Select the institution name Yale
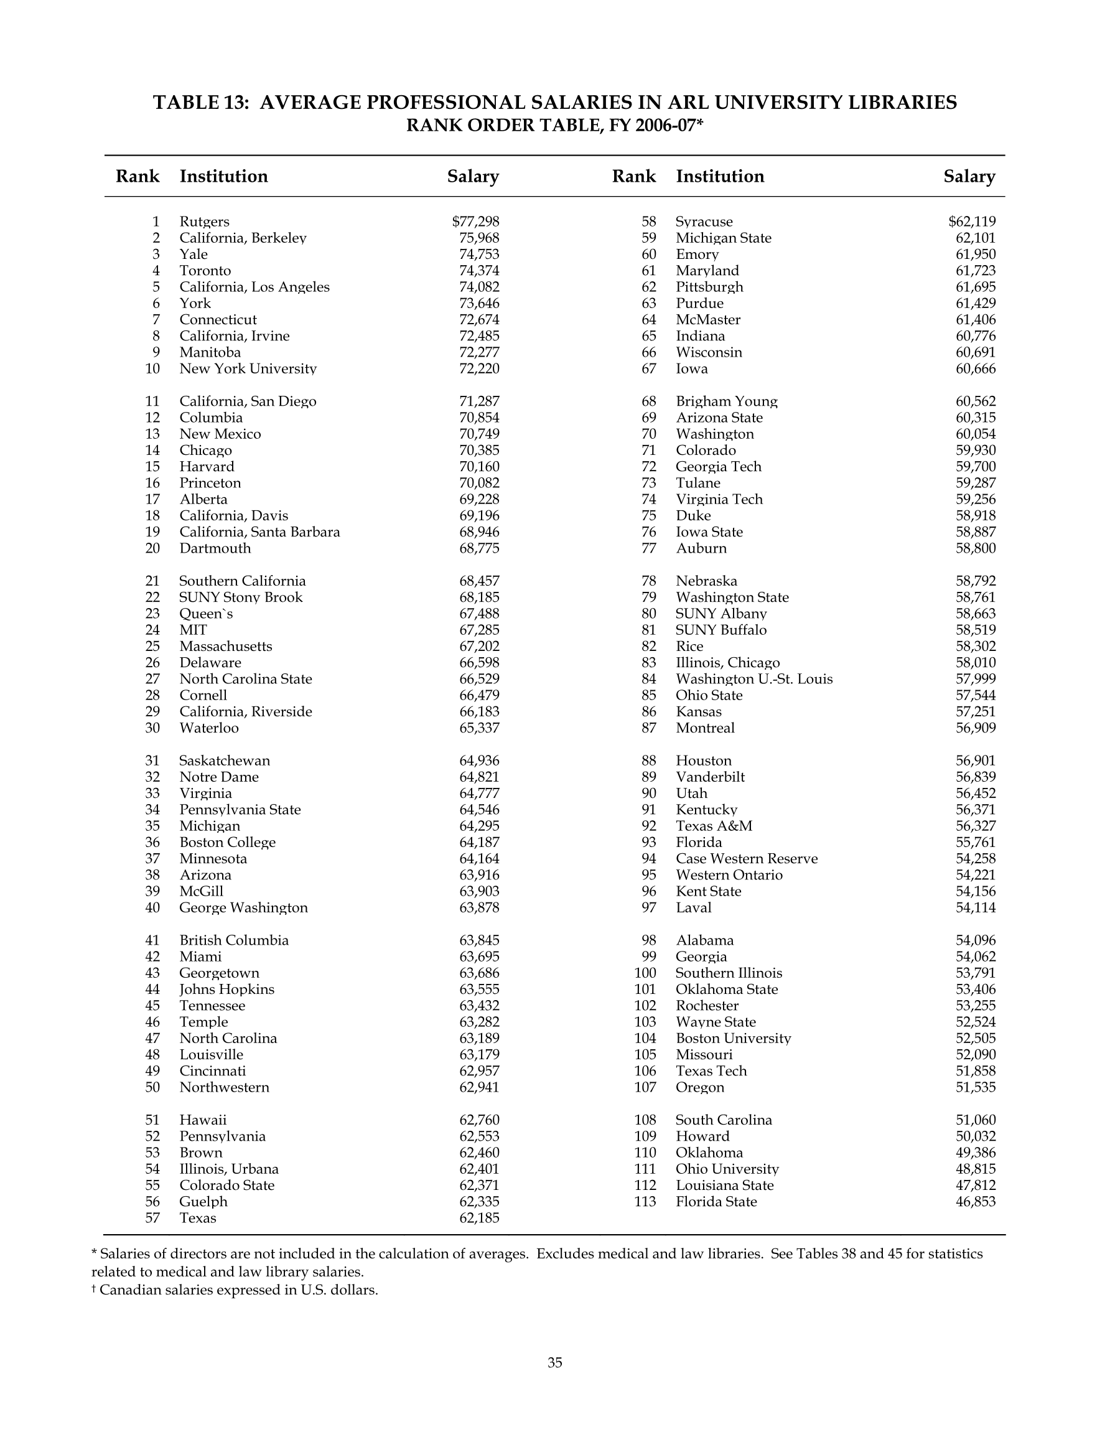point(194,255)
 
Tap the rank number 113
point(645,1202)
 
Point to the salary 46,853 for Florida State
point(975,1202)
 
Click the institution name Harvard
point(207,467)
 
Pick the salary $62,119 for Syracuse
point(972,222)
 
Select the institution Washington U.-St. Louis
point(754,679)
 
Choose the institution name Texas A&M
point(714,826)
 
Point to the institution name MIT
point(193,630)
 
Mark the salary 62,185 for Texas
point(479,1218)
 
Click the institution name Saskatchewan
point(225,761)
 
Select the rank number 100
point(645,973)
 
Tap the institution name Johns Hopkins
point(227,990)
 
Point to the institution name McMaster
point(708,320)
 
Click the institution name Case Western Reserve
point(747,859)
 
